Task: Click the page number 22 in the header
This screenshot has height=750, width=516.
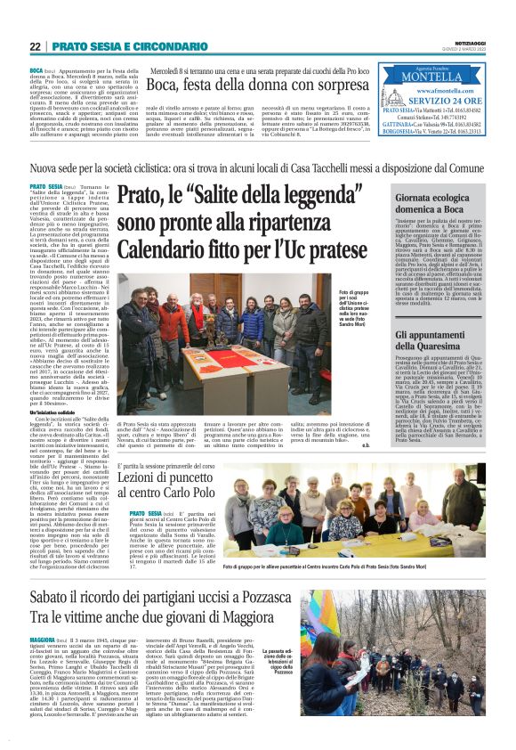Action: pyautogui.click(x=36, y=46)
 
